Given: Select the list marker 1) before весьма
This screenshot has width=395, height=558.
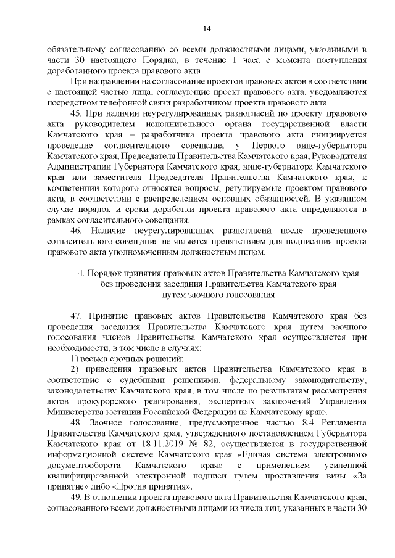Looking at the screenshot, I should pyautogui.click(x=75, y=358).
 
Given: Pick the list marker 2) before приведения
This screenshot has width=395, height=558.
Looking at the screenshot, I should pyautogui.click(x=75, y=369).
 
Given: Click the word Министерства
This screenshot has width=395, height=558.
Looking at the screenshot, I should pyautogui.click(x=78, y=414).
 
